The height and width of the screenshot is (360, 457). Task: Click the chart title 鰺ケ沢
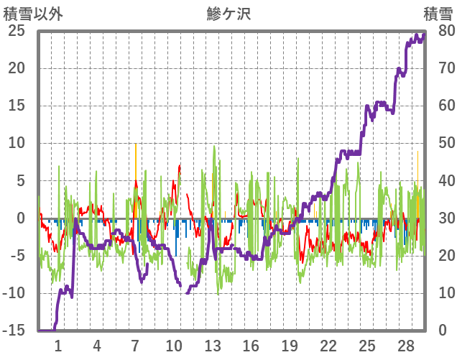[x=228, y=13]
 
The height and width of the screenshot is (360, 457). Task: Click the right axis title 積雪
[x=437, y=13]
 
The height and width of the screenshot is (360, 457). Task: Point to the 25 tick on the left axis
[x=17, y=31]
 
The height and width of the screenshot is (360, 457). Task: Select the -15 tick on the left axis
[x=14, y=331]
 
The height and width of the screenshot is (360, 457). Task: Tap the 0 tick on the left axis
[x=21, y=218]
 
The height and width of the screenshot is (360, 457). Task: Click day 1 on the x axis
[x=58, y=345]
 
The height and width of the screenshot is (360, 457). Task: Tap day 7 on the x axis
[x=135, y=345]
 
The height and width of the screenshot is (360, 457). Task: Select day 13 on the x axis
[x=212, y=345]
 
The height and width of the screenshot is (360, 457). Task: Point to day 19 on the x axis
[x=290, y=345]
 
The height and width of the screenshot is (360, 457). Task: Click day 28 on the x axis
[x=405, y=345]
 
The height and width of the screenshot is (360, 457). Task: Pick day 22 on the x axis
[x=328, y=345]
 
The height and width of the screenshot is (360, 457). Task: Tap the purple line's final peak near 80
[x=423, y=34]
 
